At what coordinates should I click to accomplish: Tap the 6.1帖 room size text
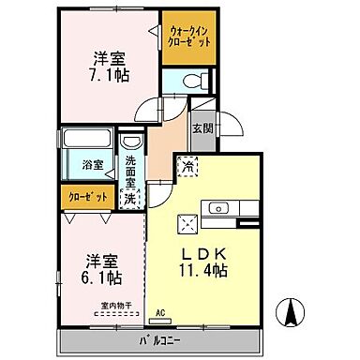97,278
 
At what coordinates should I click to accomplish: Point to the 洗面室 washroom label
131,172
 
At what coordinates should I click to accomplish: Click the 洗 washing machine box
131,198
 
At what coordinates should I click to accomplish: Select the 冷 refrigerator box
188,167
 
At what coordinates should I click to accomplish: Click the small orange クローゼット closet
86,198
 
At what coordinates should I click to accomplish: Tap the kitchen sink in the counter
224,208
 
